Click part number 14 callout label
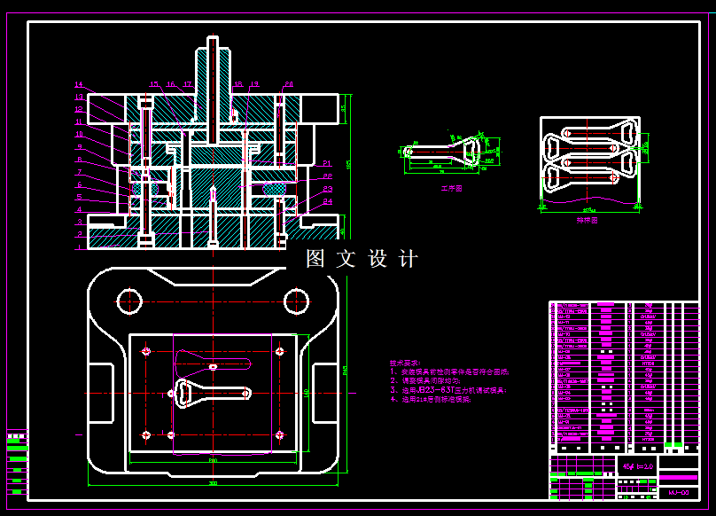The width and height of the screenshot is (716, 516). pyautogui.click(x=78, y=85)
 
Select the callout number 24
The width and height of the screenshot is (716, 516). pyautogui.click(x=328, y=201)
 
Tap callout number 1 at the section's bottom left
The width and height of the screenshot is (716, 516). pyautogui.click(x=79, y=234)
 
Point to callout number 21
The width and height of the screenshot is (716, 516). pyautogui.click(x=327, y=163)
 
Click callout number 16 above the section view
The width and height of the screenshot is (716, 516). pyautogui.click(x=170, y=84)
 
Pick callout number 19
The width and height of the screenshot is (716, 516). pyautogui.click(x=254, y=84)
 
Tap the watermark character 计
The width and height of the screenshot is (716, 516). pyautogui.click(x=409, y=259)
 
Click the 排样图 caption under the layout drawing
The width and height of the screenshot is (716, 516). pyautogui.click(x=587, y=219)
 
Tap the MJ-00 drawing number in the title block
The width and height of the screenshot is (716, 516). pyautogui.click(x=679, y=491)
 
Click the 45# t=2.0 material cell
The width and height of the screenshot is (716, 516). pyautogui.click(x=637, y=465)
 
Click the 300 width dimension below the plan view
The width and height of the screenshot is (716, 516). pyautogui.click(x=213, y=484)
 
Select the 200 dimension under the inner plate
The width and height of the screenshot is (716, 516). pyautogui.click(x=213, y=461)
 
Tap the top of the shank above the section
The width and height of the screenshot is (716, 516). pyautogui.click(x=213, y=41)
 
